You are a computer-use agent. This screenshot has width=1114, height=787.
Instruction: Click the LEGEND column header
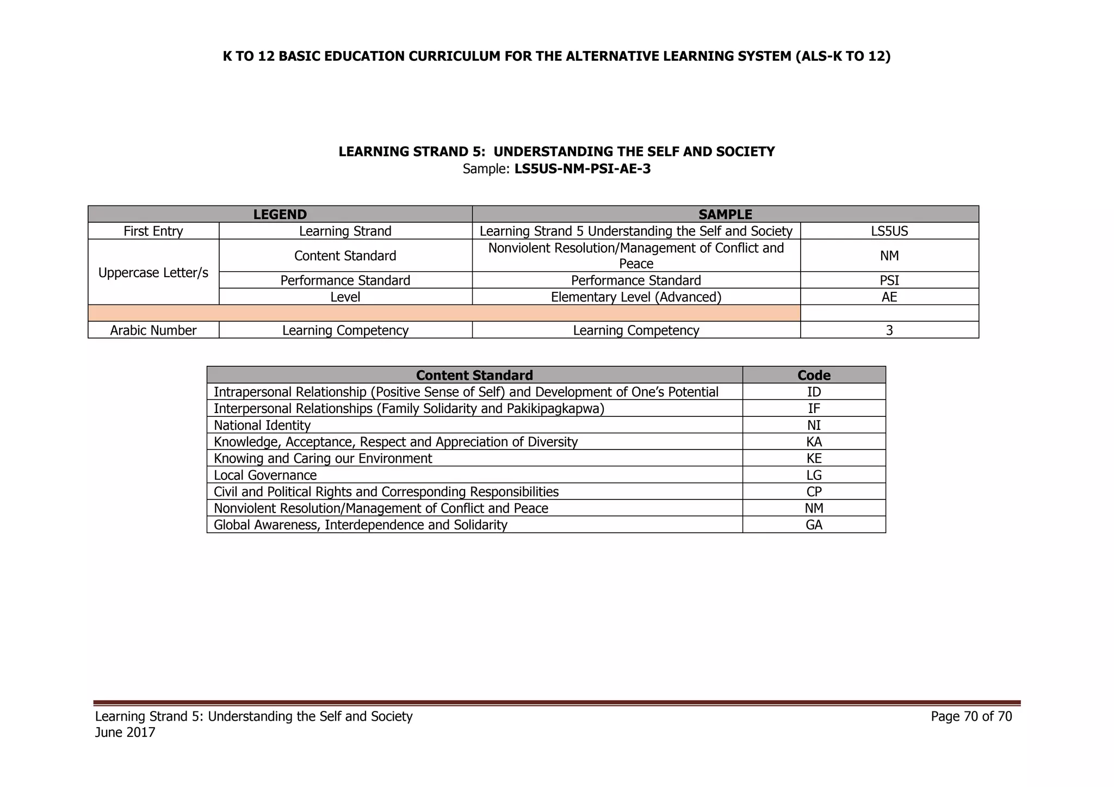click(x=280, y=214)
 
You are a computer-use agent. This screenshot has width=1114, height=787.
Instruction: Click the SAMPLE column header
click(x=725, y=214)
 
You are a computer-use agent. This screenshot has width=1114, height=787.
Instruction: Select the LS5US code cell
click(x=889, y=231)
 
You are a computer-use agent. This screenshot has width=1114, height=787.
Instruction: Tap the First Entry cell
click(x=153, y=231)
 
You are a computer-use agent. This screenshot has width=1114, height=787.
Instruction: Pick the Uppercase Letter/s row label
click(x=153, y=272)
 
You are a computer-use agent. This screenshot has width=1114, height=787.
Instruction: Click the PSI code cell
click(x=889, y=280)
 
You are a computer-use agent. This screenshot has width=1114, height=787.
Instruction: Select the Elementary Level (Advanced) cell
click(x=636, y=297)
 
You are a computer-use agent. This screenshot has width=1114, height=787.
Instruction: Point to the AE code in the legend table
click(x=889, y=297)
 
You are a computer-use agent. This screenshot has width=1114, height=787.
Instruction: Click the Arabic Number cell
click(x=153, y=330)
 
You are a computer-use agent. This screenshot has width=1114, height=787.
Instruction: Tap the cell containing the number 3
click(x=889, y=330)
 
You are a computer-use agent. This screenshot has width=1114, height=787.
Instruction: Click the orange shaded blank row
click(x=443, y=313)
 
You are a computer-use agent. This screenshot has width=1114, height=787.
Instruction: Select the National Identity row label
click(x=262, y=425)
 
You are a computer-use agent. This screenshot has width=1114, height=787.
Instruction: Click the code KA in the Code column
click(x=814, y=442)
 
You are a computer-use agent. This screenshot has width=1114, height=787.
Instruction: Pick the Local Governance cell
click(x=265, y=476)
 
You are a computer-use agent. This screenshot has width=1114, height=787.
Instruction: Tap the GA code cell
click(x=814, y=525)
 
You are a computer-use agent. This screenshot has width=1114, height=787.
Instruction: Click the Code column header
click(x=814, y=375)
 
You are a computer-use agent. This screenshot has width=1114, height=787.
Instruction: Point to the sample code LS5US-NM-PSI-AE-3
click(x=582, y=169)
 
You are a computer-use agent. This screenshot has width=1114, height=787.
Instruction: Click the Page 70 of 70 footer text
click(x=971, y=716)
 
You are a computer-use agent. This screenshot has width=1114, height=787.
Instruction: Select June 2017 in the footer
click(x=125, y=733)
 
